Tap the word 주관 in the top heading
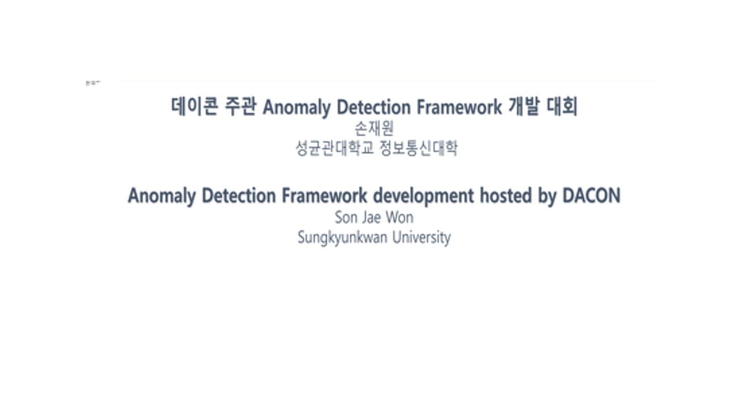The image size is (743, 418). [x=240, y=107]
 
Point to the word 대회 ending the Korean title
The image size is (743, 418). [x=562, y=107]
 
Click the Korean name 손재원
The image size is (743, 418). [x=374, y=129]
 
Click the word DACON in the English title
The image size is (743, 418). [x=591, y=196]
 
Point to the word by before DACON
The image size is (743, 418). [x=547, y=197]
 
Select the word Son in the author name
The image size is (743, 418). [x=346, y=218]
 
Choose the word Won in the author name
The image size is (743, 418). [x=400, y=218]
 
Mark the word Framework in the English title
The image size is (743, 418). [x=324, y=196]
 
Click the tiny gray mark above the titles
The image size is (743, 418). [x=93, y=83]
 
